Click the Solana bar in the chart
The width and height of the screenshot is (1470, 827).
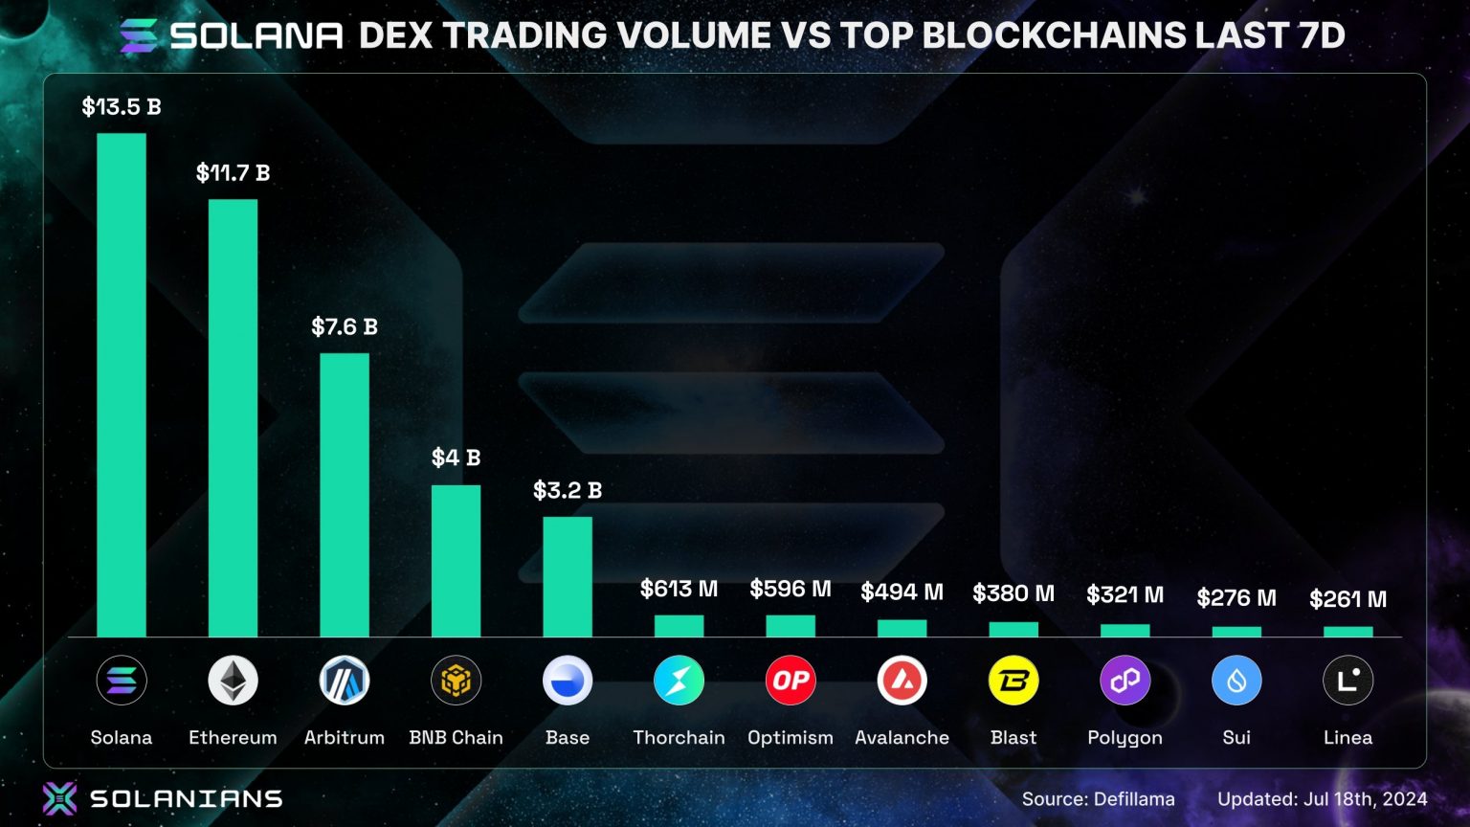click(122, 385)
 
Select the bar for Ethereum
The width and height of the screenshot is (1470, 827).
click(233, 418)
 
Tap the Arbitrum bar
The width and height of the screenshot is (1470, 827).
click(345, 495)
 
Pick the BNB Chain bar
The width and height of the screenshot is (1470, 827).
click(456, 561)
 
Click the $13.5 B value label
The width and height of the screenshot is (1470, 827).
click(122, 106)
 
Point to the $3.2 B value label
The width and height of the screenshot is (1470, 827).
click(568, 490)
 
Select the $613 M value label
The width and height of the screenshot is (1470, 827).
click(679, 589)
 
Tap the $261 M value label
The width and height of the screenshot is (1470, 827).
click(1347, 599)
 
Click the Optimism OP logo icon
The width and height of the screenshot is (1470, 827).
click(791, 681)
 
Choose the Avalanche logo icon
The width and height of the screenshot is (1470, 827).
click(902, 681)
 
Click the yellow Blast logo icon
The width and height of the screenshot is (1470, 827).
click(1013, 681)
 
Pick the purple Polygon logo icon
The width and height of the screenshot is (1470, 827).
click(1125, 681)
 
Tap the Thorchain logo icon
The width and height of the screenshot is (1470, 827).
click(679, 681)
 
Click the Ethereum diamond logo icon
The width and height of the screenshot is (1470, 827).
click(233, 681)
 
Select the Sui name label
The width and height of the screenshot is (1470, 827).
click(1236, 737)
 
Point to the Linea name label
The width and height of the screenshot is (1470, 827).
click(1347, 737)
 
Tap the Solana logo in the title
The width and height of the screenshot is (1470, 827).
click(138, 35)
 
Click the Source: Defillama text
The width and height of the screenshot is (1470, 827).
click(1098, 798)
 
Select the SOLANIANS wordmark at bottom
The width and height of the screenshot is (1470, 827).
click(186, 798)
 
